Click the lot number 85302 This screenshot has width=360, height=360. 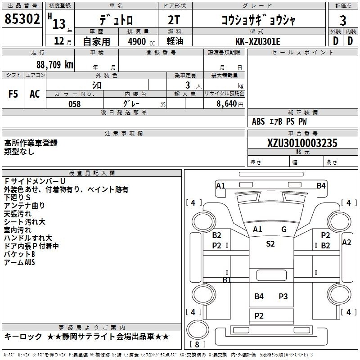point(22,19)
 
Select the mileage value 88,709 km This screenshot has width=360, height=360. point(55,65)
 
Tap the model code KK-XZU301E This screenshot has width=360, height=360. point(257,41)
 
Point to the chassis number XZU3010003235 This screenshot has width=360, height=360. point(302,143)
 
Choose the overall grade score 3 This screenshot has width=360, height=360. point(343,21)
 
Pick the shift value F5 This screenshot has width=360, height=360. point(13,94)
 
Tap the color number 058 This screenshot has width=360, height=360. point(75,104)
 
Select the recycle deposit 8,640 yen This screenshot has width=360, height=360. point(230,104)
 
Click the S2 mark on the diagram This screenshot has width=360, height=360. point(270,243)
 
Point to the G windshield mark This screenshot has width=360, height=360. point(284,229)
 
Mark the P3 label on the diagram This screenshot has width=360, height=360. point(283,297)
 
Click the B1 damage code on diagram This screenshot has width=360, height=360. point(227,280)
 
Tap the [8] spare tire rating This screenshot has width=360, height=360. point(198,344)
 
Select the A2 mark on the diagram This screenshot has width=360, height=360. point(346,243)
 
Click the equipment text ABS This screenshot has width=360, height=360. point(258,121)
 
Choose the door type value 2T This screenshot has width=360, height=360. point(174,20)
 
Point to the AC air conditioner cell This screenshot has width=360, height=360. point(35,94)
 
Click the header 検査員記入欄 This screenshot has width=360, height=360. point(92,173)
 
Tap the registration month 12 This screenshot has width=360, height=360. point(59,41)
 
